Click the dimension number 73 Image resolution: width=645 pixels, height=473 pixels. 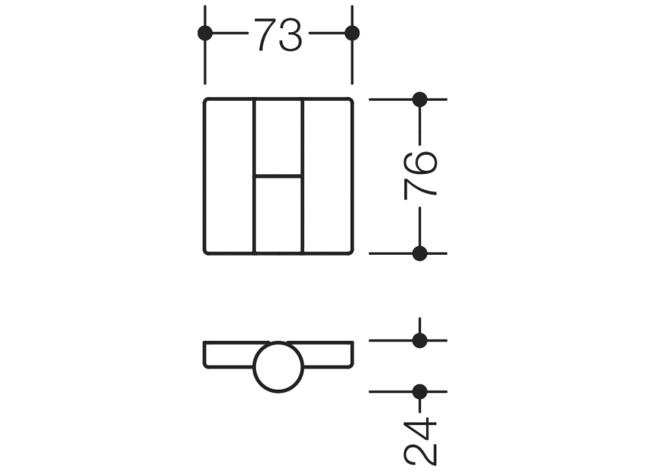(278, 34)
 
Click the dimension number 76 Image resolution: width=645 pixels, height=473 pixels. (421, 174)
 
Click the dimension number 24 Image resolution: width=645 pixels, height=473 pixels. (421, 440)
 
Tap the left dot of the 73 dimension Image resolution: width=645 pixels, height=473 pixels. (205, 33)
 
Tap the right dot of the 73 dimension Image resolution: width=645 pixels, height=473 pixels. (351, 33)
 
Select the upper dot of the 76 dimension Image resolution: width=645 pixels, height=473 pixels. (419, 99)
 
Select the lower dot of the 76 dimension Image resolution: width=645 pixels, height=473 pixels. (419, 253)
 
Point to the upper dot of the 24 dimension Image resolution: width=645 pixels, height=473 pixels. (419, 340)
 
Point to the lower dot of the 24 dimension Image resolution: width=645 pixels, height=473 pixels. (419, 392)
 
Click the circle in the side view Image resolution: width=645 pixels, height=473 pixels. (278, 367)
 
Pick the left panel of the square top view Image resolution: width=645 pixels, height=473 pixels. (229, 176)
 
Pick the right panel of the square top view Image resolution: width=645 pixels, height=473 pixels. (327, 176)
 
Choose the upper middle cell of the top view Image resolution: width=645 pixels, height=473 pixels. (278, 136)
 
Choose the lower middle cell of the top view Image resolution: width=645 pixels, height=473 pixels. (278, 214)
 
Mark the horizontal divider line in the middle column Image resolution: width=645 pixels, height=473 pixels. (278, 175)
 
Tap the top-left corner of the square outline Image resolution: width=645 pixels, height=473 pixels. (206, 100)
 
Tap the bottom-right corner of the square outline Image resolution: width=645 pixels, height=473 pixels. (351, 252)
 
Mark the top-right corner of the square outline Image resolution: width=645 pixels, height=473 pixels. (351, 100)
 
